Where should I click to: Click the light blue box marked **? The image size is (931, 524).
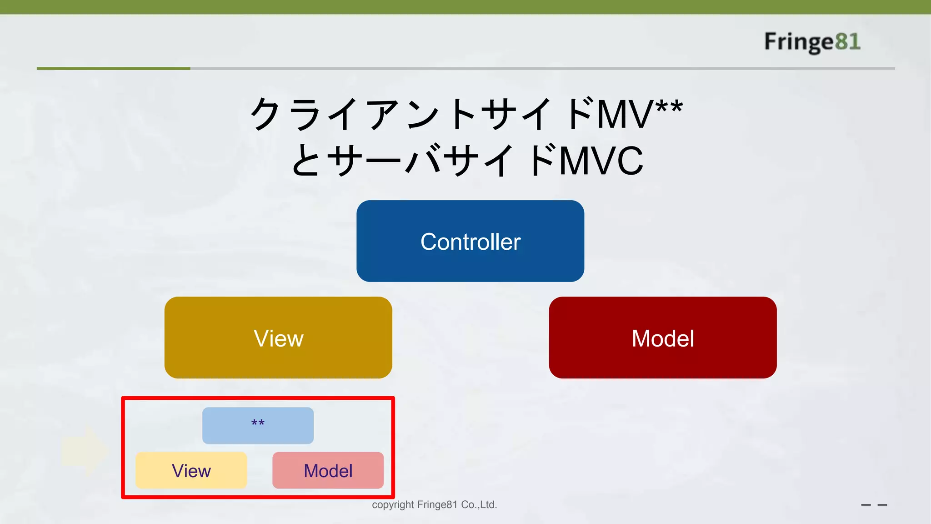pyautogui.click(x=258, y=425)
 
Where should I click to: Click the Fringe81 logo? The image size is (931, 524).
pyautogui.click(x=811, y=42)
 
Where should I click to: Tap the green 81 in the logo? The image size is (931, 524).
pyautogui.click(x=847, y=42)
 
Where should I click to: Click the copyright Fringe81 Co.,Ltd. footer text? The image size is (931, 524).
pyautogui.click(x=434, y=504)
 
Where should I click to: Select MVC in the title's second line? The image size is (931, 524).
pyautogui.click(x=601, y=161)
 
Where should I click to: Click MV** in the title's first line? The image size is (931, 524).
pyautogui.click(x=639, y=114)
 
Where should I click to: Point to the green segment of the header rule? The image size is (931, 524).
pyautogui.click(x=113, y=68)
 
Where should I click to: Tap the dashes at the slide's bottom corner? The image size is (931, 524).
pyautogui.click(x=874, y=505)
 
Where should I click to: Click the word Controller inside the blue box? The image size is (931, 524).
pyautogui.click(x=470, y=242)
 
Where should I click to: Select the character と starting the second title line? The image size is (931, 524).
pyautogui.click(x=306, y=160)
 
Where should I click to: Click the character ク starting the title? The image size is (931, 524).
pyautogui.click(x=266, y=114)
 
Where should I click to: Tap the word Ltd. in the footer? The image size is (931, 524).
pyautogui.click(x=488, y=504)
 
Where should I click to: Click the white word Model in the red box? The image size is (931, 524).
pyautogui.click(x=662, y=338)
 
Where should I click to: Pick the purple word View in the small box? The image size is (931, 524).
pyautogui.click(x=191, y=471)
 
